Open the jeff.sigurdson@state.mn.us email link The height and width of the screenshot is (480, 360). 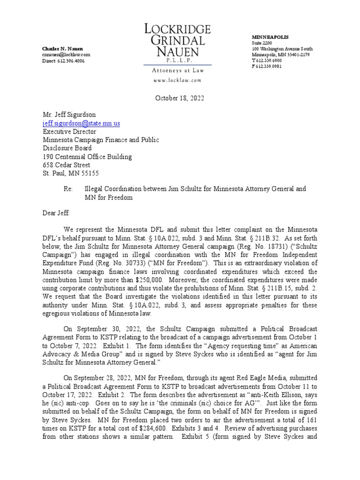tap(82, 123)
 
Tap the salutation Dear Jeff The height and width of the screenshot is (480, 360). tap(56, 213)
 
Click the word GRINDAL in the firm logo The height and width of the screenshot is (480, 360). tap(178, 40)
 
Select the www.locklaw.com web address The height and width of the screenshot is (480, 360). tap(178, 80)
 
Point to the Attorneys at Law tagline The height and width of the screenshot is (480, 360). tap(178, 70)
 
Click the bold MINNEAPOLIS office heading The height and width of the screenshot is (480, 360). tap(270, 37)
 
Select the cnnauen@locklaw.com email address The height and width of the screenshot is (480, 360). tap(66, 55)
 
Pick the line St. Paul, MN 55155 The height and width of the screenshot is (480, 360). tap(71, 173)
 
